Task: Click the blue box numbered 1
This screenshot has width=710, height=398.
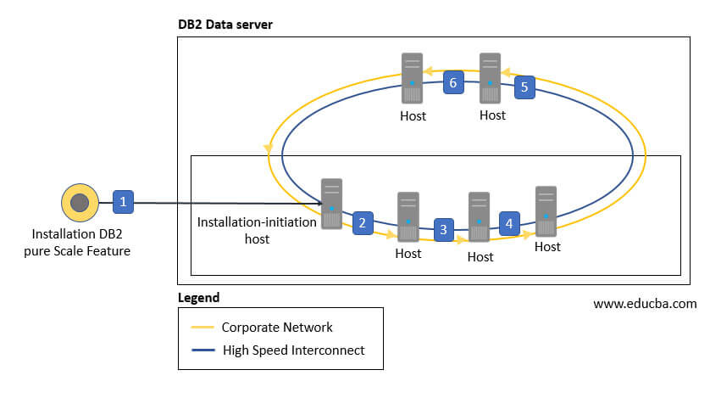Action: (x=124, y=202)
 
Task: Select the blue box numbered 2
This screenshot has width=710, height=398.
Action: (x=363, y=222)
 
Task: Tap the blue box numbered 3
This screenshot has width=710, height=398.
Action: (x=442, y=229)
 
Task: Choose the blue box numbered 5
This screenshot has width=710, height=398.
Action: (x=524, y=87)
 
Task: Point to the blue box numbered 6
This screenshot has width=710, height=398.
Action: (x=453, y=82)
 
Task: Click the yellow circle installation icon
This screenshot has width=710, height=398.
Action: (x=79, y=203)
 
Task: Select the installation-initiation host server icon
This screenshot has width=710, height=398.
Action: (x=331, y=203)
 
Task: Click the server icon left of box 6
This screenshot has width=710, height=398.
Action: (x=413, y=78)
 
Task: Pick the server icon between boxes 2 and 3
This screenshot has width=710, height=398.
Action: (x=408, y=217)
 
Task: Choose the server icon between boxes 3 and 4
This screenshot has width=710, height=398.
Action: (x=480, y=217)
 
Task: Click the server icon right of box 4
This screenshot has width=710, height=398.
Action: (x=546, y=211)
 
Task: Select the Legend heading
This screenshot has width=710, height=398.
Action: (x=198, y=298)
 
